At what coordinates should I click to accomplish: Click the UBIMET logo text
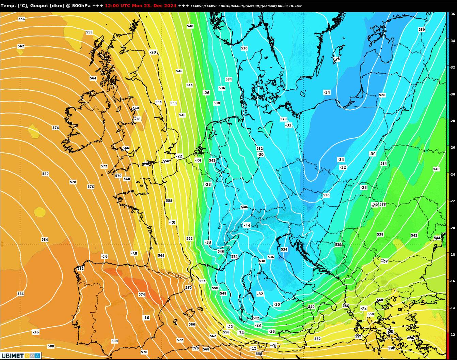tap(12, 356)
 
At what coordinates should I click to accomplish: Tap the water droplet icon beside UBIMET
tap(37, 356)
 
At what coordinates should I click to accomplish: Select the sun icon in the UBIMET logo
tap(27, 356)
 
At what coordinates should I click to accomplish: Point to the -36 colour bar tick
tap(453, 14)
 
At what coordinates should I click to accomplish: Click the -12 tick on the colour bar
tap(453, 335)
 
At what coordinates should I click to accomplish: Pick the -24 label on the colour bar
tap(453, 175)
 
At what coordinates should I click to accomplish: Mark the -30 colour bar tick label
tap(453, 94)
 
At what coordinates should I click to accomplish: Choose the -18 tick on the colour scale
tap(453, 255)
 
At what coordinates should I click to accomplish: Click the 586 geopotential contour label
tap(20, 294)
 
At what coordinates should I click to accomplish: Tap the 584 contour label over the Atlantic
tap(45, 240)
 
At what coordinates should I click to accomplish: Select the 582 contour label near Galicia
tap(80, 269)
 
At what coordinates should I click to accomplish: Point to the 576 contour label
tap(91, 187)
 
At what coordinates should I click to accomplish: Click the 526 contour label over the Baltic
tap(336, 59)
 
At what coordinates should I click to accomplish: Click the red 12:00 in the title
tap(111, 6)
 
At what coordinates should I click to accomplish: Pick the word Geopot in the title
tap(40, 6)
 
